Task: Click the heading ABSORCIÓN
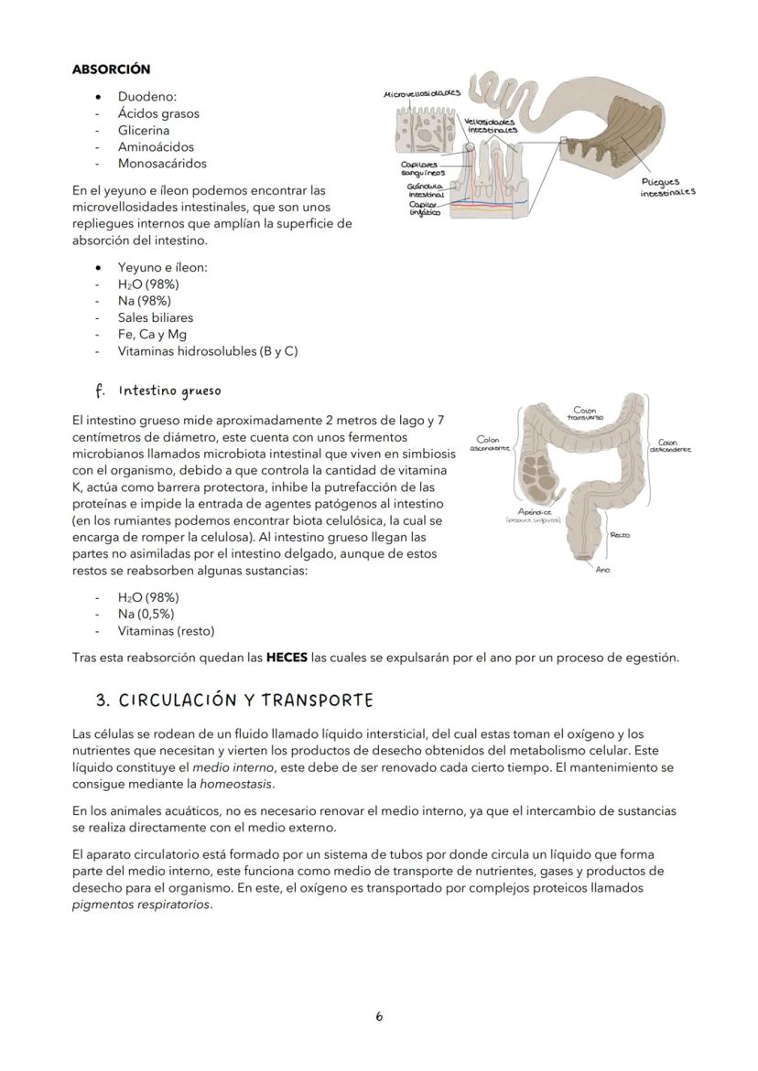coord(111,70)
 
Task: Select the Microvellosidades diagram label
coord(422,93)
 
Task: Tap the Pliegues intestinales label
coord(667,187)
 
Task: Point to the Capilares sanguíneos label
coord(423,168)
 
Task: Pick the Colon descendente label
coord(670,444)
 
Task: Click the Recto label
coord(619,535)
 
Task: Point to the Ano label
coord(602,570)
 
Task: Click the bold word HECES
coord(287,658)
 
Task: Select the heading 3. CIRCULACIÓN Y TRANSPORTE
coord(234,701)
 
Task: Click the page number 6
coord(379,1016)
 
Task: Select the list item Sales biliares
coord(155,317)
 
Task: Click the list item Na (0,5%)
coord(146,614)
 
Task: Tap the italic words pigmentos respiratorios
coord(141,905)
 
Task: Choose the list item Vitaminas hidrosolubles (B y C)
coord(207,350)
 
